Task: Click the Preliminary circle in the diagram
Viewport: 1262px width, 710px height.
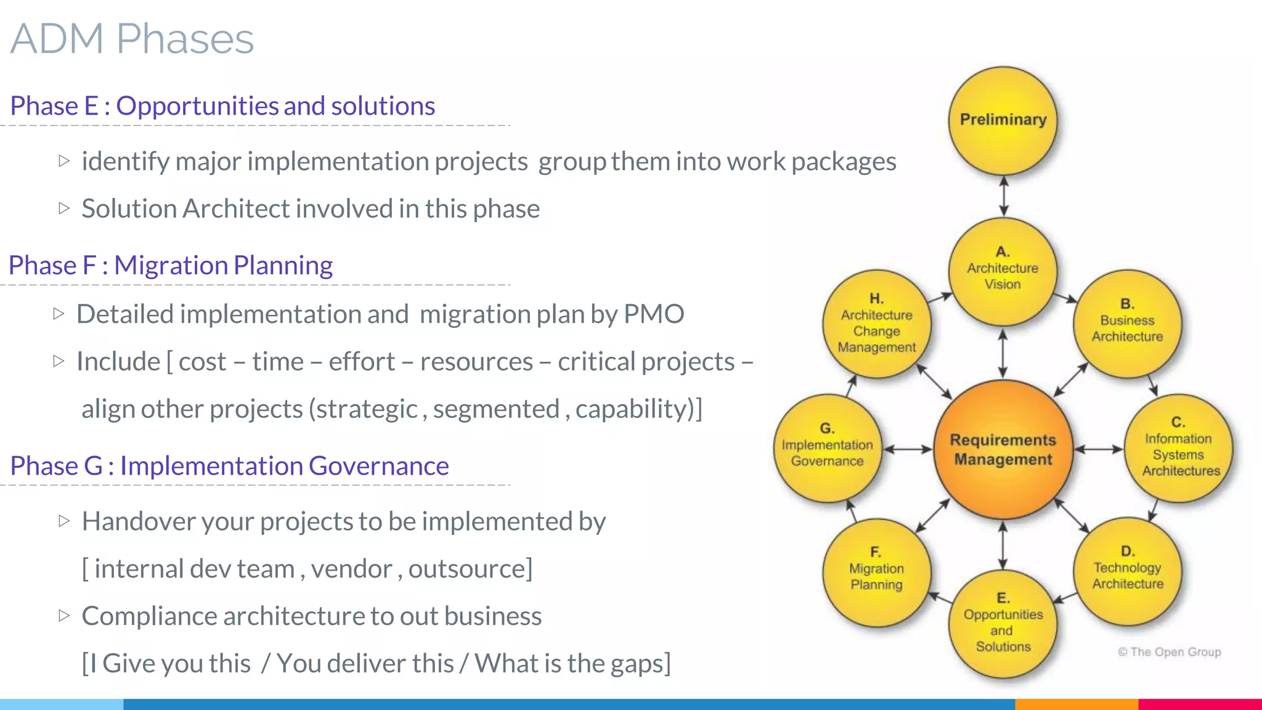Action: (1003, 120)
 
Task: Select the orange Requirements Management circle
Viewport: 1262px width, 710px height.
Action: (1003, 449)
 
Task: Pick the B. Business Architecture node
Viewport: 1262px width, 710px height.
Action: (1127, 322)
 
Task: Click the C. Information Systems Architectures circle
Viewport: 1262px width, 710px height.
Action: (1179, 448)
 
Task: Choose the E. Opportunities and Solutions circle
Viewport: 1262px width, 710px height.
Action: (1003, 624)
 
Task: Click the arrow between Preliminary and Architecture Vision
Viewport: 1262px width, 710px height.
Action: (1003, 196)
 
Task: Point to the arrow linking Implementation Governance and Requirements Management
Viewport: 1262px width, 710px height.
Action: (908, 449)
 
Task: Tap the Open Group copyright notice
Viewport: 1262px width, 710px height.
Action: (1169, 652)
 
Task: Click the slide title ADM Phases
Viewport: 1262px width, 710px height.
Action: (132, 39)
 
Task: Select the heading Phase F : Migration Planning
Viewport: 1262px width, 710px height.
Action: (171, 266)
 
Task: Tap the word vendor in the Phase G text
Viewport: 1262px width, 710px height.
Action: (351, 569)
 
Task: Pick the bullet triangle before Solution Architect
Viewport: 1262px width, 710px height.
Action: (64, 208)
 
